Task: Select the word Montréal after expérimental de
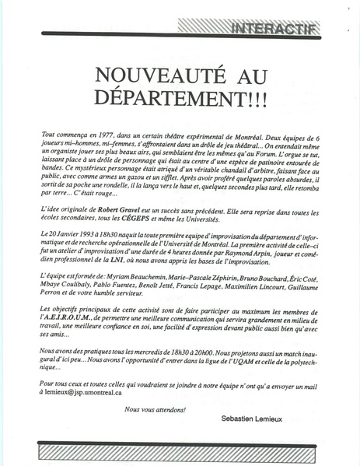(230, 135)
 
